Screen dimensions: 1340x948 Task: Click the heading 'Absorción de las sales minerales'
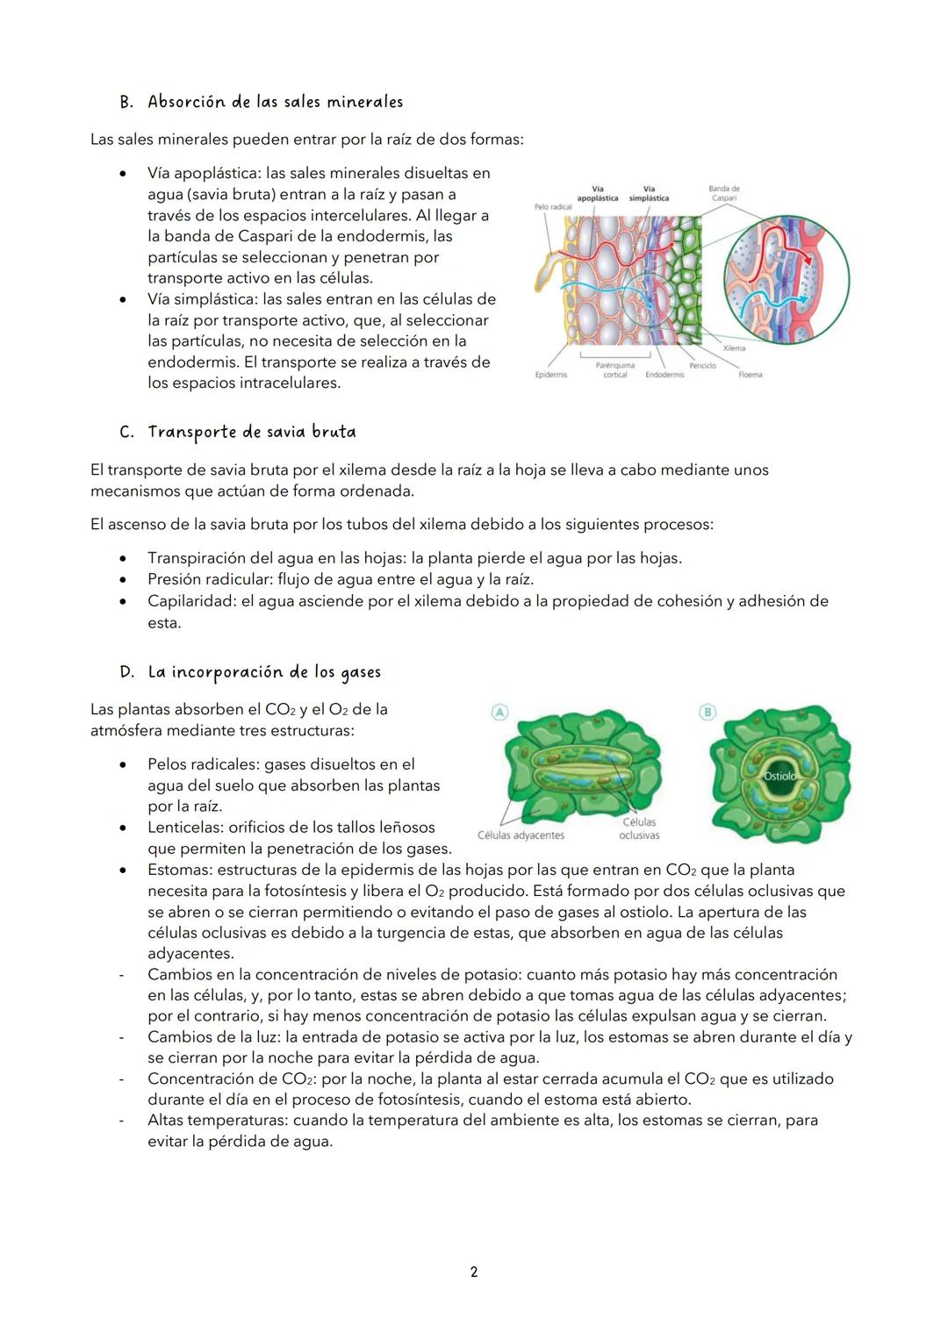click(275, 102)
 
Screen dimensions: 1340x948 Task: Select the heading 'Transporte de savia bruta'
click(251, 432)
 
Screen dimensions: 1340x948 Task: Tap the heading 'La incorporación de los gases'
click(263, 672)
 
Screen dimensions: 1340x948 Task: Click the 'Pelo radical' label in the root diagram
click(553, 207)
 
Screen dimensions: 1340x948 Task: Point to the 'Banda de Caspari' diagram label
click(724, 193)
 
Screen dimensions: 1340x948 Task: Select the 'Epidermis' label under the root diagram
click(551, 375)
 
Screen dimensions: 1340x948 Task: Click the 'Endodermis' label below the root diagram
click(664, 375)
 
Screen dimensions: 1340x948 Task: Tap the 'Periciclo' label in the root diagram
click(702, 365)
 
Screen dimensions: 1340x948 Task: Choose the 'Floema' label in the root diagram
click(750, 375)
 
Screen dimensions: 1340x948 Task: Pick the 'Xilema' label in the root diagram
click(734, 348)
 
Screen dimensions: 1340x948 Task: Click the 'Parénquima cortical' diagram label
click(615, 370)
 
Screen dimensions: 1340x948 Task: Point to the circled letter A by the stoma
click(499, 712)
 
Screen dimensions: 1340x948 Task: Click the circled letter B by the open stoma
click(707, 712)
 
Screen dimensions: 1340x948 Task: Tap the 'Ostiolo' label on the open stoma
click(780, 776)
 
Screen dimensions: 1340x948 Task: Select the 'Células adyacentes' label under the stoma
click(521, 835)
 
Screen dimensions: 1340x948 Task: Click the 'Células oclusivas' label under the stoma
click(639, 828)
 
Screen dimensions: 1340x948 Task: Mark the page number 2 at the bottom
click(474, 1272)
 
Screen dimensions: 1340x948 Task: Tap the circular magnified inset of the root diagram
click(786, 278)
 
